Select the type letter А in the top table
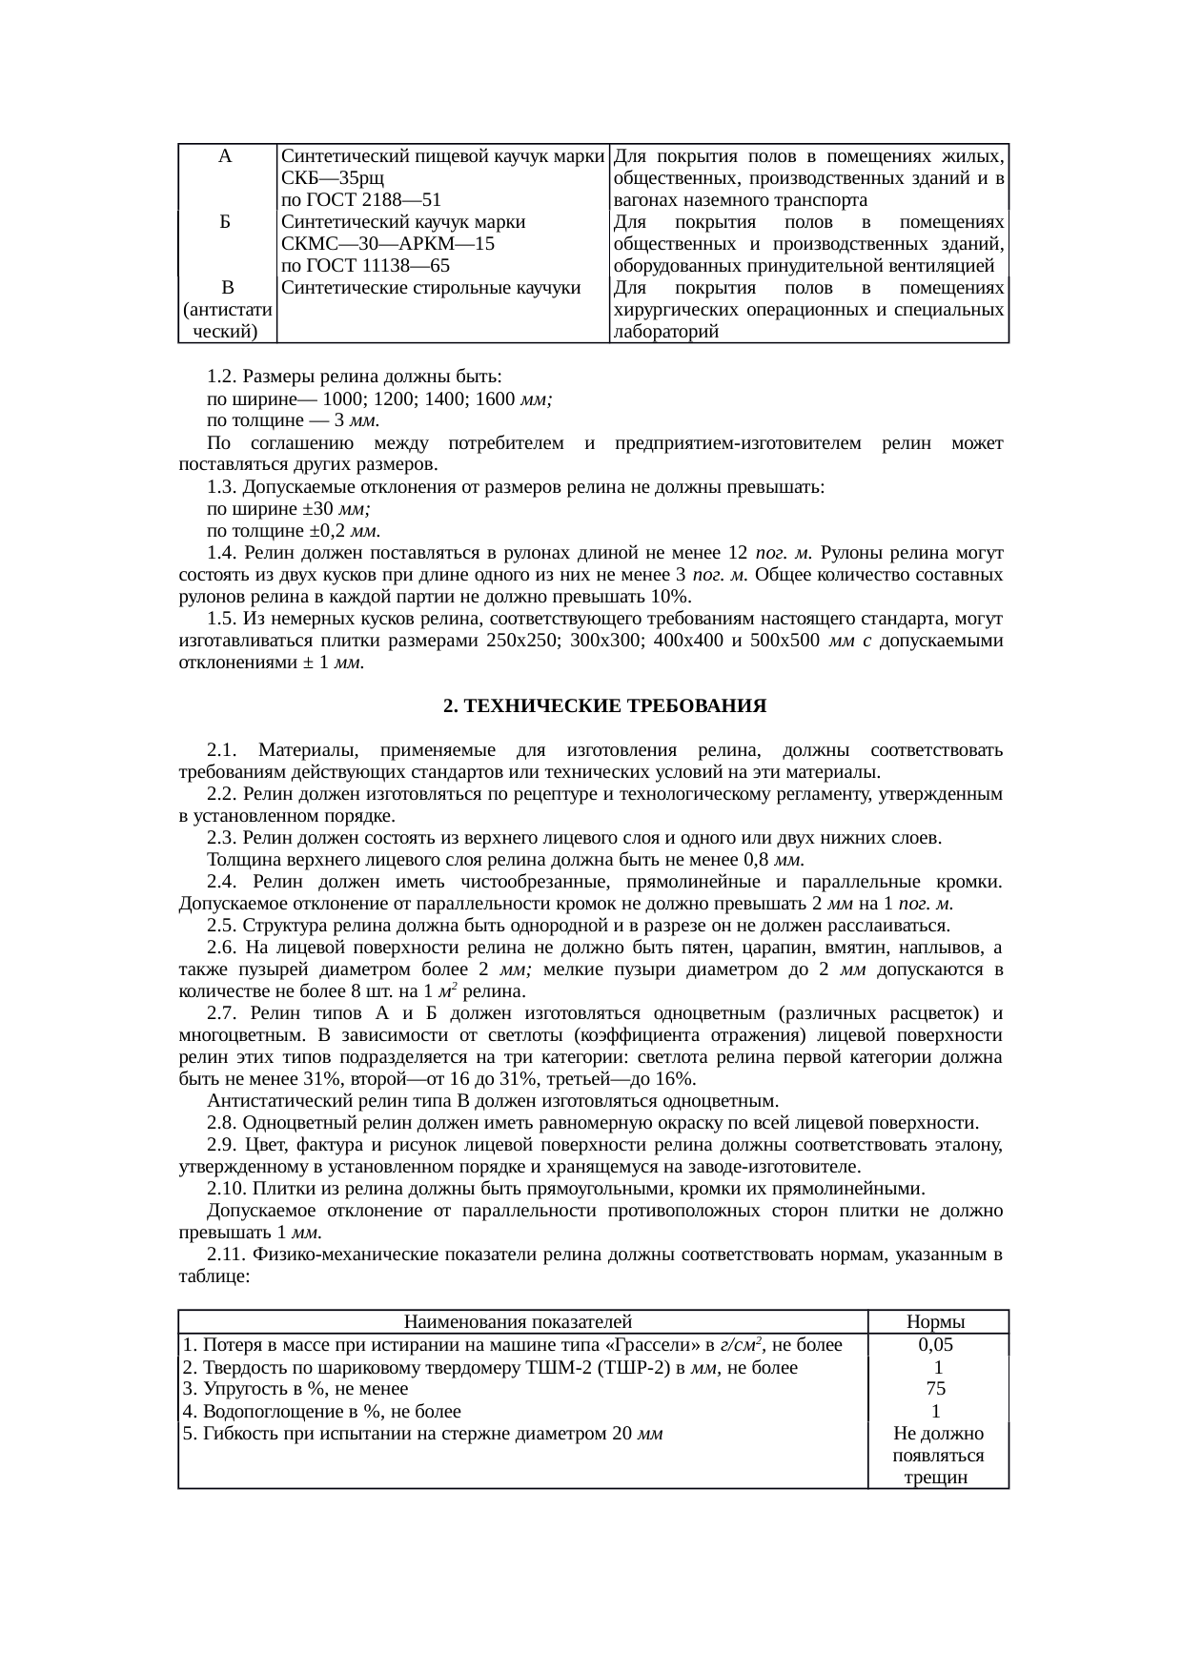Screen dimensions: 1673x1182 pos(225,155)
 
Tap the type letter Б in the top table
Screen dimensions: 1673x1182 pos(225,222)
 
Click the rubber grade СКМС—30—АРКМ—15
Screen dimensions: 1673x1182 pos(387,244)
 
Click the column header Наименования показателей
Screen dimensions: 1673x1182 pos(519,1321)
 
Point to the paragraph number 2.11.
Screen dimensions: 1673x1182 pos(227,1255)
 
